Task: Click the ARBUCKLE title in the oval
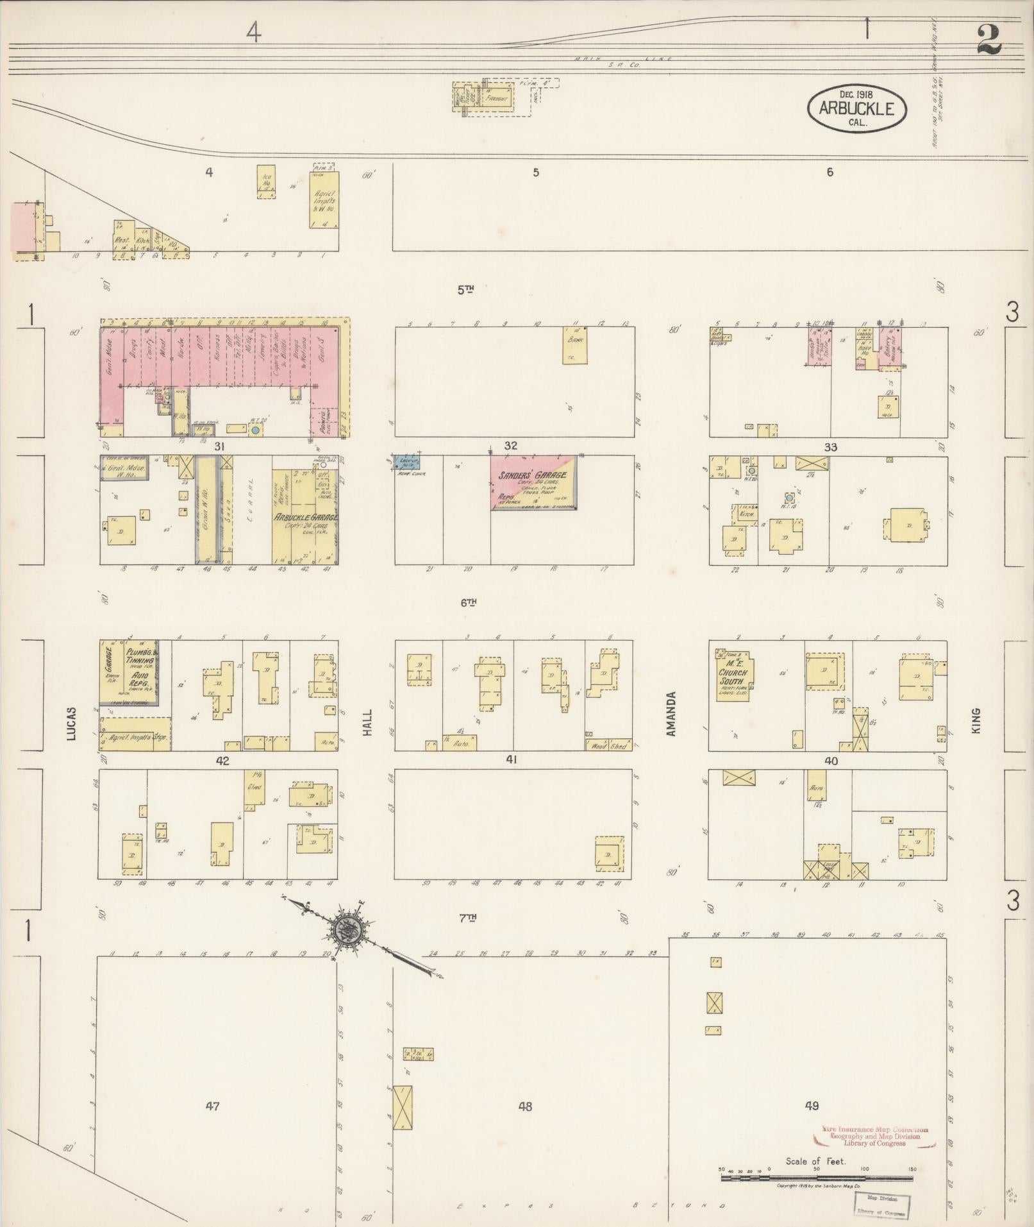click(856, 108)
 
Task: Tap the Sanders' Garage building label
click(532, 475)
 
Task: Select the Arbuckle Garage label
click(305, 518)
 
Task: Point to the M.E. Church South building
click(731, 673)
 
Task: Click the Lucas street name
click(71, 723)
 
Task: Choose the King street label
click(976, 720)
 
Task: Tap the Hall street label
click(368, 723)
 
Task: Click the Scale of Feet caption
click(815, 1161)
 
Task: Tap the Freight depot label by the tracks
click(496, 99)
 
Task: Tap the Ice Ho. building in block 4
click(266, 182)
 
